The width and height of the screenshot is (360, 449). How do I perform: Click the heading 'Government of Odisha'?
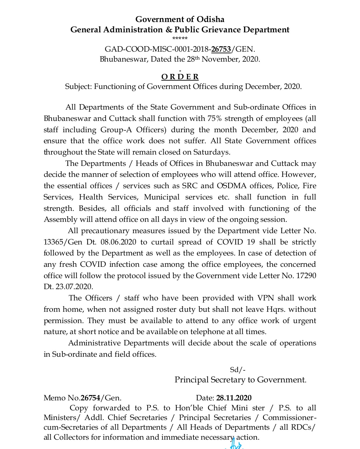tap(180, 19)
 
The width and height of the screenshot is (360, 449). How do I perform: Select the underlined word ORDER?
tap(180, 77)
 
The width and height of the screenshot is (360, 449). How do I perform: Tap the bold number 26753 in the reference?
tap(221, 49)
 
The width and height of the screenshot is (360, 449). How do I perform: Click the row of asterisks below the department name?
tap(180, 39)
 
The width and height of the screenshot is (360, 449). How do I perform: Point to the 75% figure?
tap(215, 119)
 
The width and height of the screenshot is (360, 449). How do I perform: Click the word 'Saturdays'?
tap(212, 152)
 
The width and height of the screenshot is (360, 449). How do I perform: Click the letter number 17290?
tap(306, 276)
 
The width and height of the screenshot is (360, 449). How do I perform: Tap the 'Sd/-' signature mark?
tap(238, 370)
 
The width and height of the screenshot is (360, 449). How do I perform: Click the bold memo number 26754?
tap(90, 398)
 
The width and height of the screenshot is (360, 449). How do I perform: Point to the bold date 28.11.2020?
tap(234, 398)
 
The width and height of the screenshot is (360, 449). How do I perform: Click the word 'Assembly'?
tap(60, 220)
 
